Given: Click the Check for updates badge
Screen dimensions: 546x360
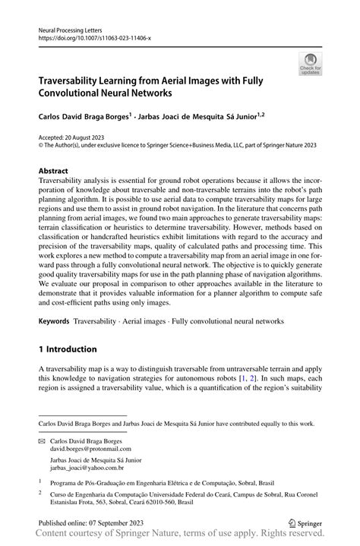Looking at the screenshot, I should pyautogui.click(x=310, y=65).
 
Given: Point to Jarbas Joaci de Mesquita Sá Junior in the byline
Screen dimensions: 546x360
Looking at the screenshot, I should pyautogui.click(x=200, y=118).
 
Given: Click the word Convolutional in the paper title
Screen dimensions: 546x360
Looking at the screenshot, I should pyautogui.click(x=76, y=93).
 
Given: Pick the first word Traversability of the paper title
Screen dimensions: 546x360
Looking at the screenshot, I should pyautogui.click(x=73, y=79).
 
